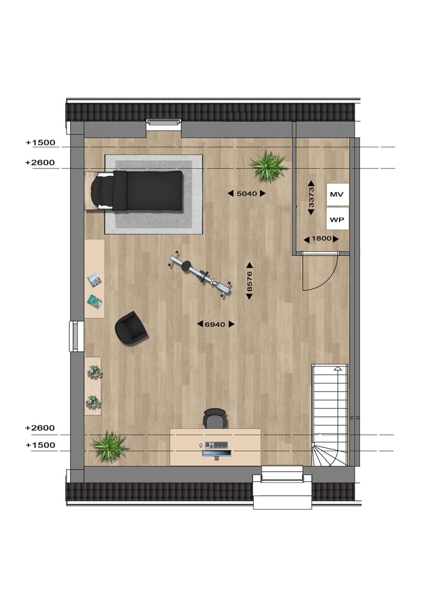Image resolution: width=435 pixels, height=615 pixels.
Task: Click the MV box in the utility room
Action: (337, 195)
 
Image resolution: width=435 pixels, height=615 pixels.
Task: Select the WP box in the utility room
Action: (337, 219)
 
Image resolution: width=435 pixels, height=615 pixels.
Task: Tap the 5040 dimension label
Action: (246, 193)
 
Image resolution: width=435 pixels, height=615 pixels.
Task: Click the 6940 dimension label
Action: (215, 324)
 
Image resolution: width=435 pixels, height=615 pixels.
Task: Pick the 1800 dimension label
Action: (321, 239)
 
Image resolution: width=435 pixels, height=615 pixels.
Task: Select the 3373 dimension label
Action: (311, 197)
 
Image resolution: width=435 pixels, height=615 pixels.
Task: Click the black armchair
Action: (131, 327)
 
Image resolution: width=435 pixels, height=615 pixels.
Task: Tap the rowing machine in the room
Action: (199, 274)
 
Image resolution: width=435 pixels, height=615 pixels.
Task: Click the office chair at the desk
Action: (214, 418)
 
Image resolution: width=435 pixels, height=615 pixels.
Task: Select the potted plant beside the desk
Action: (110, 446)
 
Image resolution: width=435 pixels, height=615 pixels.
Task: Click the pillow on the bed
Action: (102, 190)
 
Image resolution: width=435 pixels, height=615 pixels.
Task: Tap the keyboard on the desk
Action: (216, 451)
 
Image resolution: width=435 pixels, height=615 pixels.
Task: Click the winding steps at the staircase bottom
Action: (329, 453)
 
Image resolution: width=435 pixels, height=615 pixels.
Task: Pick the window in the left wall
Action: (75, 336)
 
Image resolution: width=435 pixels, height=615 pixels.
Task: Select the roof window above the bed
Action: (164, 124)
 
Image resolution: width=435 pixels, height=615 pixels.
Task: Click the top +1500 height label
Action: (40, 143)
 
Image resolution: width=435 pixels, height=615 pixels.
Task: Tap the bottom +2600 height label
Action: (40, 428)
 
